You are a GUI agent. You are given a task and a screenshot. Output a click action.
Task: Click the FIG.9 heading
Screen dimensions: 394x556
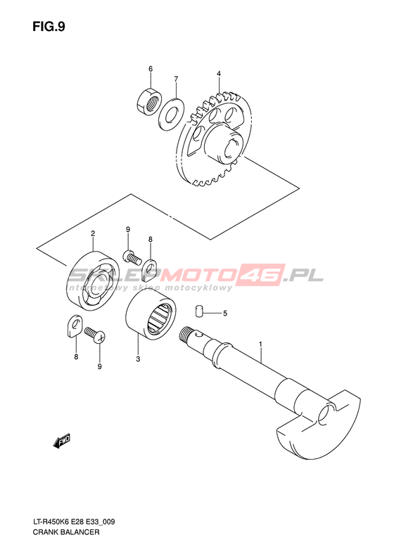(49, 27)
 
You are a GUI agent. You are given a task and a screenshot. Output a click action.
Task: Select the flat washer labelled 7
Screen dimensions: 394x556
(170, 114)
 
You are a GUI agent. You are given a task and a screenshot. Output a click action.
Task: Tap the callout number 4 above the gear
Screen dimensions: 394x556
(219, 73)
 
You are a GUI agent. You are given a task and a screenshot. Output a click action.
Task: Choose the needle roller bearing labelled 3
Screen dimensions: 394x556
(151, 314)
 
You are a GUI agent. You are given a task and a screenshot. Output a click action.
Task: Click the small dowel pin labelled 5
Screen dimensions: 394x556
(198, 310)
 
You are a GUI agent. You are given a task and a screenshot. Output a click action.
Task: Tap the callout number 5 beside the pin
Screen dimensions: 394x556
(224, 313)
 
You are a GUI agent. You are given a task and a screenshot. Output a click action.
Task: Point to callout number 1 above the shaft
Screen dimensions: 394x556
(260, 344)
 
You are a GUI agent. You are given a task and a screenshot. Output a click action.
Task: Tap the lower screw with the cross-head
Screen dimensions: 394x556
(95, 335)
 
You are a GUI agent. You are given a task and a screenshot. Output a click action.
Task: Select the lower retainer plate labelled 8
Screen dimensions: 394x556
(74, 325)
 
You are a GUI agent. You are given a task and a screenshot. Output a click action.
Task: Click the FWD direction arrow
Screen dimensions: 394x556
(62, 441)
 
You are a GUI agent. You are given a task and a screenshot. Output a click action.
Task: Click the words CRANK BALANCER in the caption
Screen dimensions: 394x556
(66, 532)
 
